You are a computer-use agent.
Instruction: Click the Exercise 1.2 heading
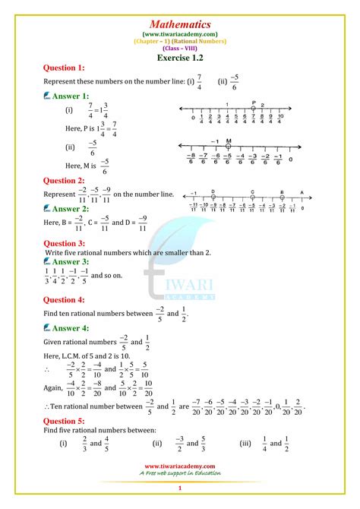point(180,58)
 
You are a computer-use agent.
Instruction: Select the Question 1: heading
point(65,68)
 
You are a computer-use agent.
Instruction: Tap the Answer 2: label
point(71,208)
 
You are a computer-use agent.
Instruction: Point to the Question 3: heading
point(65,243)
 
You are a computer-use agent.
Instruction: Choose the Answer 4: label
point(71,328)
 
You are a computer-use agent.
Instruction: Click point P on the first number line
point(252,109)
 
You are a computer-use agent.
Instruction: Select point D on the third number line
point(213,195)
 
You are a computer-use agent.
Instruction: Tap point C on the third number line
point(252,195)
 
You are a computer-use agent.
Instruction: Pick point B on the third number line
point(282,195)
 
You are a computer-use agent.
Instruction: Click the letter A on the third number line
point(302,192)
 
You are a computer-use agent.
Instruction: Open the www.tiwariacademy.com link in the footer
point(180,467)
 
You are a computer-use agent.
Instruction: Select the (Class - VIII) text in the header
point(180,47)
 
